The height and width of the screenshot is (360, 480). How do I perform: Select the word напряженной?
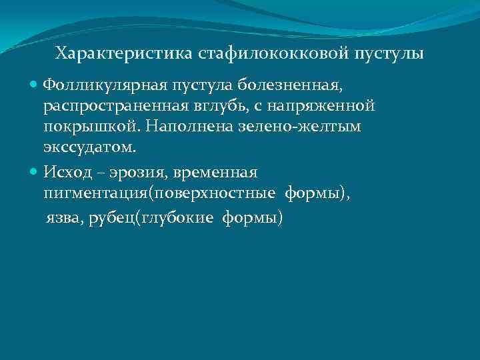pos(323,106)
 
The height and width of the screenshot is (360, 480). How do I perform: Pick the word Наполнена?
pos(171,127)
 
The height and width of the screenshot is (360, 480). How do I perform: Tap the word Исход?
pos(66,172)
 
